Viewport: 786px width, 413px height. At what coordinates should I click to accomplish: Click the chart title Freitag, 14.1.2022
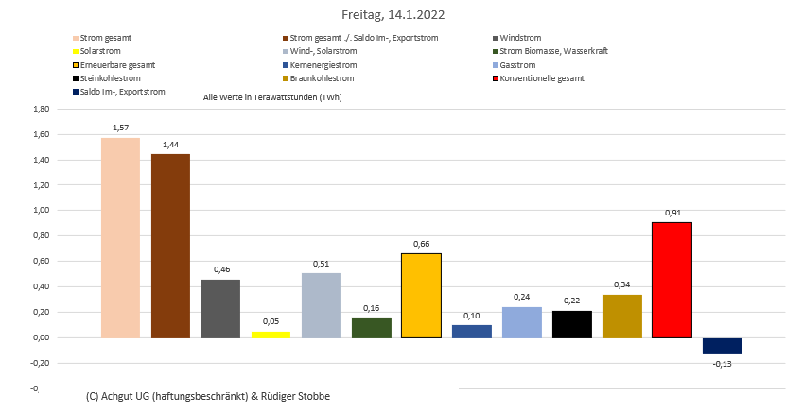click(x=393, y=15)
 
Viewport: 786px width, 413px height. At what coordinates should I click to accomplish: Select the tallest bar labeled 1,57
click(x=120, y=237)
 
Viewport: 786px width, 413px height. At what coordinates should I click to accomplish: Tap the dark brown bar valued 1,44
click(x=170, y=246)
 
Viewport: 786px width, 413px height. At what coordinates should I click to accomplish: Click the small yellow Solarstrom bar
click(x=271, y=335)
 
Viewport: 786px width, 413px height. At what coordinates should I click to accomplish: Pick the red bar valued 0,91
click(x=672, y=280)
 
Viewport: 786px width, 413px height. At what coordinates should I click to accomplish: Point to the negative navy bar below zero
click(x=722, y=346)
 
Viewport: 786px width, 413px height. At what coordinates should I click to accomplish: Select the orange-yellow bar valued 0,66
click(x=421, y=296)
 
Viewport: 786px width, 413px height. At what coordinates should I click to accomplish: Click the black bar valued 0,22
click(x=571, y=324)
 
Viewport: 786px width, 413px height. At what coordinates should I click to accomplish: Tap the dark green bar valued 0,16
click(x=371, y=328)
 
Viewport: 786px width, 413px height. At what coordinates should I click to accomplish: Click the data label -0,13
click(x=722, y=364)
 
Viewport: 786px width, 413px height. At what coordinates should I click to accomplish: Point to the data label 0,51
click(x=321, y=265)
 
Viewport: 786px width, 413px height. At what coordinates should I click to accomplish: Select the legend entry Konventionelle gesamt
click(x=541, y=78)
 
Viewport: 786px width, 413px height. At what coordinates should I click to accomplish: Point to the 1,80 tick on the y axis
click(x=41, y=109)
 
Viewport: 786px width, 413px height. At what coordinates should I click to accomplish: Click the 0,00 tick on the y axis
click(x=41, y=337)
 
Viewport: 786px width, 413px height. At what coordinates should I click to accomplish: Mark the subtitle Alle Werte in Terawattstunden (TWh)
click(x=272, y=97)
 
